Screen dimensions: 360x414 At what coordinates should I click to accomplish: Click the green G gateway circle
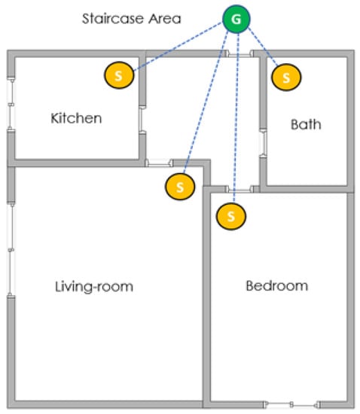236,19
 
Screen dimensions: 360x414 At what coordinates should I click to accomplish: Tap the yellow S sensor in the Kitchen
119,75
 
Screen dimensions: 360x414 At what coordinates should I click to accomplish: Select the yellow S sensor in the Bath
286,78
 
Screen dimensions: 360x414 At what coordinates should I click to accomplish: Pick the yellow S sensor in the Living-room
180,187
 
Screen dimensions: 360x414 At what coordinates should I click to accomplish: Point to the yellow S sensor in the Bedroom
231,216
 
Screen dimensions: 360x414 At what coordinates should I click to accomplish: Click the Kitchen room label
76,118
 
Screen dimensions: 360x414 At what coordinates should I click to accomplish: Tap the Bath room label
306,124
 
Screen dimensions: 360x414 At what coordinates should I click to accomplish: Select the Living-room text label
94,287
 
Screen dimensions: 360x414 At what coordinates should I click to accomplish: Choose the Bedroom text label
277,286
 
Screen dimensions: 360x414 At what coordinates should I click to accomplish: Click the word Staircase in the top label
113,19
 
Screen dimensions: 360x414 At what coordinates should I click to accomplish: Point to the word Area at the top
164,19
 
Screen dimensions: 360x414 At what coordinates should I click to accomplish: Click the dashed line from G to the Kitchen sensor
178,47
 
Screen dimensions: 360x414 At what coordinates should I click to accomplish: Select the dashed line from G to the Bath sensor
263,46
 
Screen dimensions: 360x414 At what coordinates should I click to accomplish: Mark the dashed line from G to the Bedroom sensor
236,118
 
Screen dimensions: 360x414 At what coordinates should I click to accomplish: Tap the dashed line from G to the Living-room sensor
206,102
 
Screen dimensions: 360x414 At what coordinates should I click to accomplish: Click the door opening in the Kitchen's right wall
142,120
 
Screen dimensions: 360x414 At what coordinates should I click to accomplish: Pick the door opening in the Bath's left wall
264,143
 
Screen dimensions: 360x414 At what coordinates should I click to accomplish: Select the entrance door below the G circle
239,55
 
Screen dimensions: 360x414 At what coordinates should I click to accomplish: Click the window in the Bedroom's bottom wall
292,404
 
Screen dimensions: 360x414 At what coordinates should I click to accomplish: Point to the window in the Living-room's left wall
11,249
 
